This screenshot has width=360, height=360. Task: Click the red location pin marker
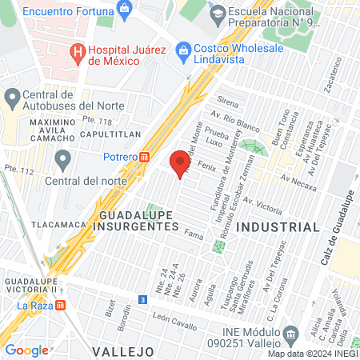coord(180,164)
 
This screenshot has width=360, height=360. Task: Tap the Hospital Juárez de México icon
coord(78,54)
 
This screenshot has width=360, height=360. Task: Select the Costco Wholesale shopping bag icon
coord(183,49)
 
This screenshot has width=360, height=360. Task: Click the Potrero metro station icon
coord(145,158)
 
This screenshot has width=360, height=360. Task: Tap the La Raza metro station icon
coord(62,305)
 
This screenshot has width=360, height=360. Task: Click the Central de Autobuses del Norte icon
coord(12,99)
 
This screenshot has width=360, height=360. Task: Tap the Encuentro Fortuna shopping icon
coord(123,10)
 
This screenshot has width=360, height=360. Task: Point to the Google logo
coord(26,350)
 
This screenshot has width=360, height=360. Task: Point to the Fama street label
coord(193,234)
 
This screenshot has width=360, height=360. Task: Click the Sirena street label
coord(229,102)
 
